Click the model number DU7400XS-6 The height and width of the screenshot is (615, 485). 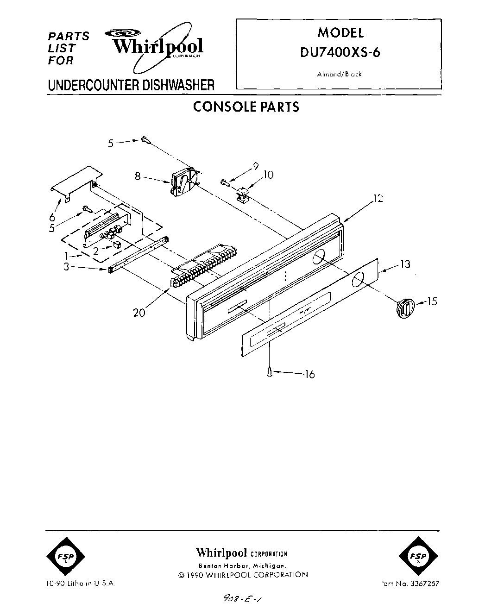[340, 52]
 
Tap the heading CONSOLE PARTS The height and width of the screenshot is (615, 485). [246, 107]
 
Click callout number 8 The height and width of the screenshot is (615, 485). [138, 176]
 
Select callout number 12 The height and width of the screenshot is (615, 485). [379, 199]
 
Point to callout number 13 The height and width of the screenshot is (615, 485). [405, 264]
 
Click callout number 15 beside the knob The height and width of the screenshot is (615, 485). [432, 301]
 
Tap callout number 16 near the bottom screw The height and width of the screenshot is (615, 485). [309, 374]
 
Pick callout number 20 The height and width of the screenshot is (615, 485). [139, 313]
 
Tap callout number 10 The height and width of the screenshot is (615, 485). [269, 175]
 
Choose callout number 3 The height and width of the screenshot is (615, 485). [67, 266]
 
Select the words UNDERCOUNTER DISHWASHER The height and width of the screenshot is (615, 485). [131, 85]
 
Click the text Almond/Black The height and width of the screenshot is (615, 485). [340, 74]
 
